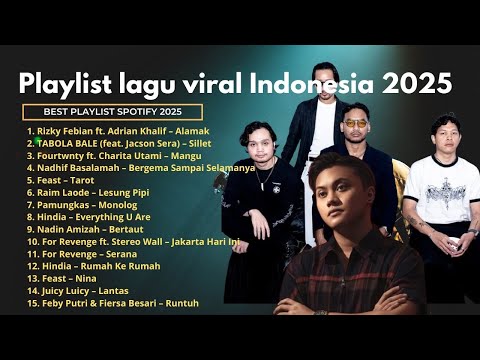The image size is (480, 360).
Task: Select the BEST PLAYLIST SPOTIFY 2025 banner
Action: [112, 112]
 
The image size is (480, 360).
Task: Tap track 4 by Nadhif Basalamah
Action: [140, 168]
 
